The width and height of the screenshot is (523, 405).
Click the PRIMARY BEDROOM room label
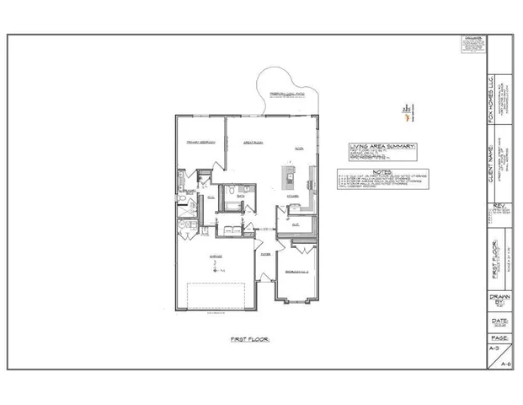pyautogui.click(x=200, y=143)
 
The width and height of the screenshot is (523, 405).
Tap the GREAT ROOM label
pyautogui.click(x=255, y=143)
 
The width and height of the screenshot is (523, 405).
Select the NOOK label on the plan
pyautogui.click(x=298, y=149)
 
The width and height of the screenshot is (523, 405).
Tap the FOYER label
pyautogui.click(x=264, y=252)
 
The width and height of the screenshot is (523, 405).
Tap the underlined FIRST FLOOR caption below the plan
pyautogui.click(x=249, y=338)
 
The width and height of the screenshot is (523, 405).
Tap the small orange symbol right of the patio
pyautogui.click(x=405, y=107)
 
